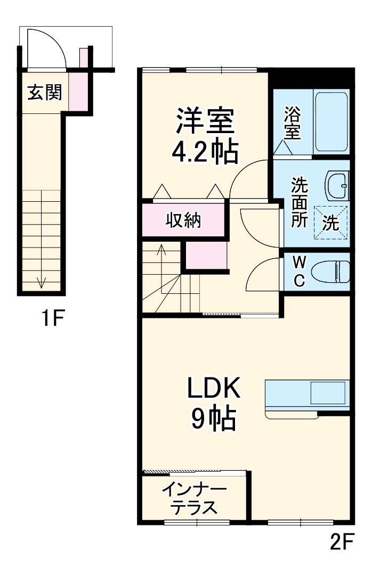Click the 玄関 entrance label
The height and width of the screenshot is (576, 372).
point(45,93)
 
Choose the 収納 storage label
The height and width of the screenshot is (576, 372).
point(183,219)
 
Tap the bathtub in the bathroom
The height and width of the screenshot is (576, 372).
point(331,123)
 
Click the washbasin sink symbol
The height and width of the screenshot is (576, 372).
point(337,186)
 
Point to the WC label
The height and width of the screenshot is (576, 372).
point(299,271)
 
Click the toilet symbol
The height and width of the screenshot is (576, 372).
point(330,272)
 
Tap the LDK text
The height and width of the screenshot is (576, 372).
point(214,389)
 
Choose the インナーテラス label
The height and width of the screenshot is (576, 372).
point(194,498)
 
